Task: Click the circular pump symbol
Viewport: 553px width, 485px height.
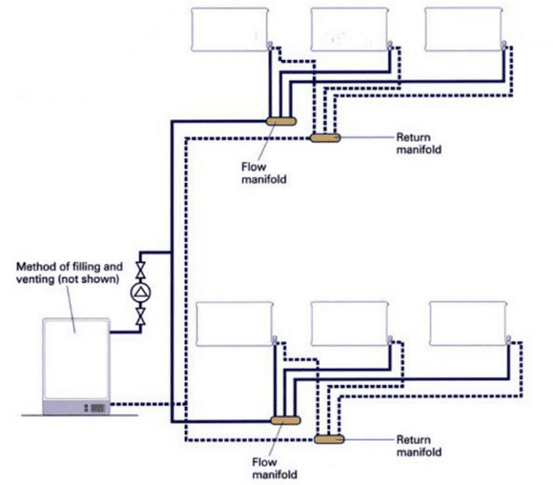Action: tap(140, 293)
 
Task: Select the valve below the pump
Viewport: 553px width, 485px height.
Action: tap(140, 314)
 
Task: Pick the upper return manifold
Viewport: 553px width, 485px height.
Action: tap(325, 137)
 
